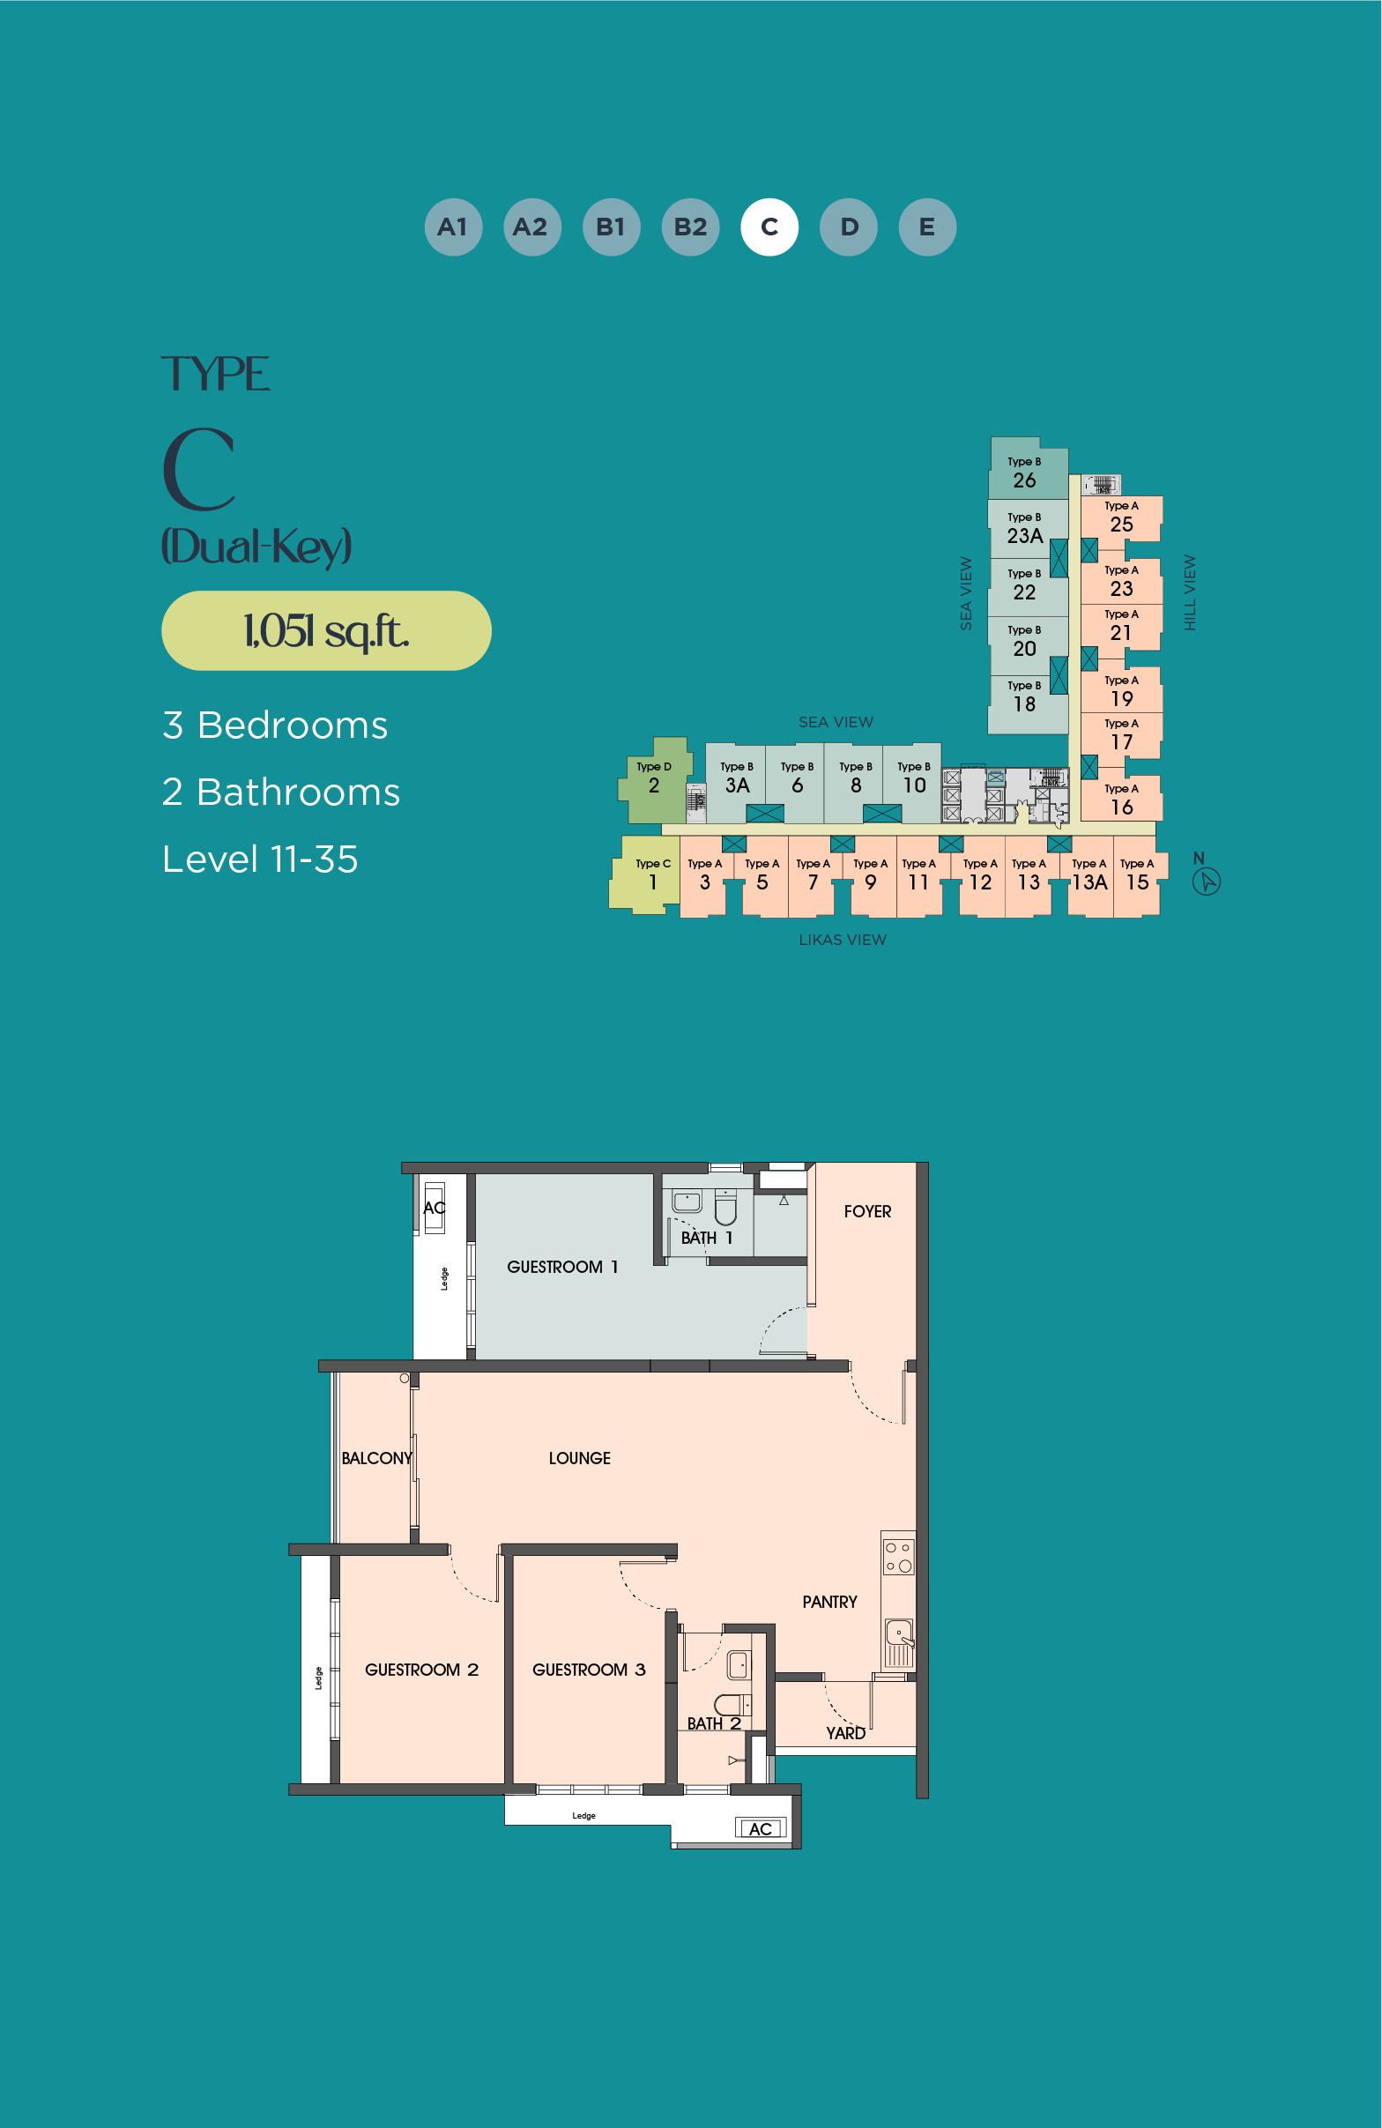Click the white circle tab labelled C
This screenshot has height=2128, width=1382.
(769, 227)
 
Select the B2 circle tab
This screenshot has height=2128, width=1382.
(690, 227)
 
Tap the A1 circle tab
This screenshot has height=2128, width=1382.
(453, 227)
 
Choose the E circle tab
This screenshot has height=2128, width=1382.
(927, 227)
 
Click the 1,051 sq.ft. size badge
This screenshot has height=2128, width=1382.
(326, 630)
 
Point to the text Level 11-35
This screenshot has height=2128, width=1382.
(260, 859)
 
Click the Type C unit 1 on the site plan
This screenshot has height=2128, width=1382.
(645, 874)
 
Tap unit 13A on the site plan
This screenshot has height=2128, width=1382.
(1089, 875)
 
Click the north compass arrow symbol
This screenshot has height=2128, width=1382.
(1207, 882)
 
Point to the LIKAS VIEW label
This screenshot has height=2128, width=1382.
(842, 940)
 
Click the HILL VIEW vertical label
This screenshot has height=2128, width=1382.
(1190, 592)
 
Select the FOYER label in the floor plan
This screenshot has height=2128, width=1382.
(867, 1211)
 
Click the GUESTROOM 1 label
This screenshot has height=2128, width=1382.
(562, 1267)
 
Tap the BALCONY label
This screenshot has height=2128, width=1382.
(376, 1458)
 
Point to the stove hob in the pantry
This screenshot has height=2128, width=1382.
(898, 1556)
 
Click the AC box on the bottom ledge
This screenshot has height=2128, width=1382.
(761, 1828)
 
